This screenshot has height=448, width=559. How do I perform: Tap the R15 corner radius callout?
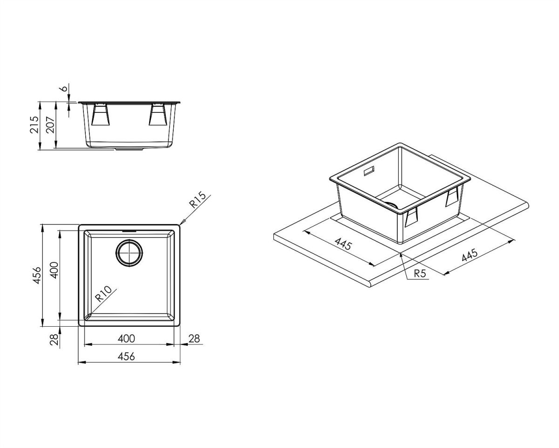point(198,200)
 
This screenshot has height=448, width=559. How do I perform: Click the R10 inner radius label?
point(103,294)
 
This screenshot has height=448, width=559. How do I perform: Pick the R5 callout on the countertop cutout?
point(420,273)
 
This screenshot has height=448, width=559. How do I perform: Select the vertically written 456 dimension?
point(36,275)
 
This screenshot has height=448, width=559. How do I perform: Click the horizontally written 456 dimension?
point(126,357)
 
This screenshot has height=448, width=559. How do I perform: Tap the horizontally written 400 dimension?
point(126,338)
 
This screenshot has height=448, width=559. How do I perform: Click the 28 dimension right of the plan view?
point(194,338)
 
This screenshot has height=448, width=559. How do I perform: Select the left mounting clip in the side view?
point(101,115)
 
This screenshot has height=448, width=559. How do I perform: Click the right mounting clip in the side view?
point(158,115)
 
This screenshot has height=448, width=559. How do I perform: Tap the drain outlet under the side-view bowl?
point(128,150)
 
